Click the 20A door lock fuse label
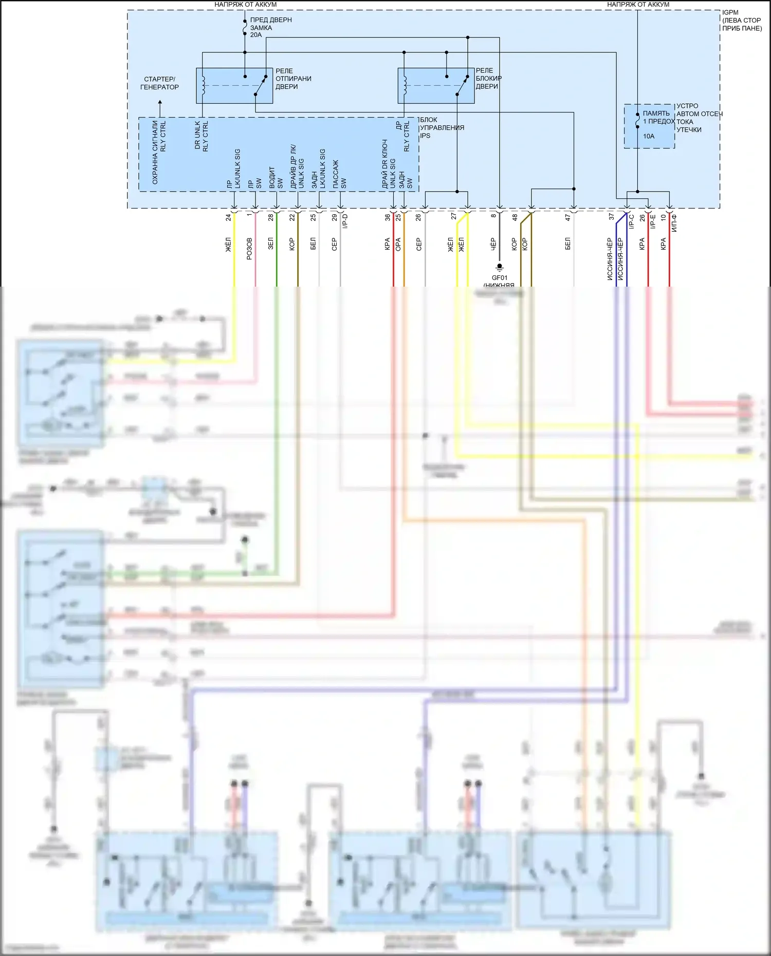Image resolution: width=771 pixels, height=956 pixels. pyautogui.click(x=256, y=35)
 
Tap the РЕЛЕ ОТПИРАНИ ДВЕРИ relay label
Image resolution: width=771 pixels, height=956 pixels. pyautogui.click(x=293, y=79)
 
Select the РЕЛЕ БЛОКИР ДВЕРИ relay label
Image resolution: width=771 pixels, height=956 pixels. pyautogui.click(x=488, y=78)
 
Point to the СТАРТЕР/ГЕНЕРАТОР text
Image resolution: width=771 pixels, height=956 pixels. pyautogui.click(x=159, y=83)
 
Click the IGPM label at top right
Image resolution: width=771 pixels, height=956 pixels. pyautogui.click(x=730, y=12)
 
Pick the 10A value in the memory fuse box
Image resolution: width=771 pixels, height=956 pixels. pyautogui.click(x=649, y=136)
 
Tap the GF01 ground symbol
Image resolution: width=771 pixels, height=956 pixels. pyautogui.click(x=499, y=267)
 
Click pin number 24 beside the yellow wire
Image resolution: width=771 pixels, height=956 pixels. pyautogui.click(x=228, y=218)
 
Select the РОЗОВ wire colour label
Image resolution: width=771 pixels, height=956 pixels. pyautogui.click(x=249, y=248)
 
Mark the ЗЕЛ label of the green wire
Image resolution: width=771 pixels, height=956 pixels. pyautogui.click(x=271, y=243)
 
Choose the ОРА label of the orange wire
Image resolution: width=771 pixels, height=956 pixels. pyautogui.click(x=398, y=244)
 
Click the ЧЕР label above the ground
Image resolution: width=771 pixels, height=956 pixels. pyautogui.click(x=493, y=243)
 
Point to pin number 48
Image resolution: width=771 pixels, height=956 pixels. pyautogui.click(x=515, y=218)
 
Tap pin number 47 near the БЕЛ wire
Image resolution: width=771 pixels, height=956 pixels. pyautogui.click(x=567, y=218)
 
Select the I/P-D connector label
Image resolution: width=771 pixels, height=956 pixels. pyautogui.click(x=345, y=221)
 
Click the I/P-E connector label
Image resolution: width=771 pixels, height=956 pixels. pyautogui.click(x=653, y=221)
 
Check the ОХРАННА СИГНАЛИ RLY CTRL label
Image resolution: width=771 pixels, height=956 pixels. pyautogui.click(x=159, y=153)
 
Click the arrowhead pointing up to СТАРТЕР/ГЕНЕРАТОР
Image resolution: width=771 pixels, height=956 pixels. pyautogui.click(x=160, y=102)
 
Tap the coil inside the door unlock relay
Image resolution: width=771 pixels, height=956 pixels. pyautogui.click(x=204, y=85)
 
